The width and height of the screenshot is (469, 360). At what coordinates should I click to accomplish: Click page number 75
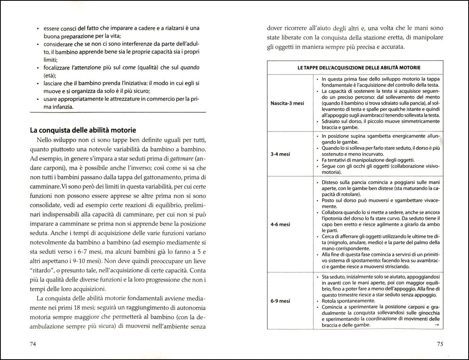pyautogui.click(x=439, y=344)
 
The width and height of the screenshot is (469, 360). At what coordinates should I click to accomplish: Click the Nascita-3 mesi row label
pyautogui.click(x=288, y=103)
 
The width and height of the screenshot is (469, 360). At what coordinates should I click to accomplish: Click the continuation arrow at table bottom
pyautogui.click(x=436, y=325)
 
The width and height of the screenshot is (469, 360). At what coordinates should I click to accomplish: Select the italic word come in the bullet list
pyautogui.click(x=129, y=68)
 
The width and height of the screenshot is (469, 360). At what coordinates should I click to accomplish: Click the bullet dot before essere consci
pyautogui.click(x=37, y=29)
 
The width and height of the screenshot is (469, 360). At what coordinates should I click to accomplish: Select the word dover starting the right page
pyautogui.click(x=275, y=28)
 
